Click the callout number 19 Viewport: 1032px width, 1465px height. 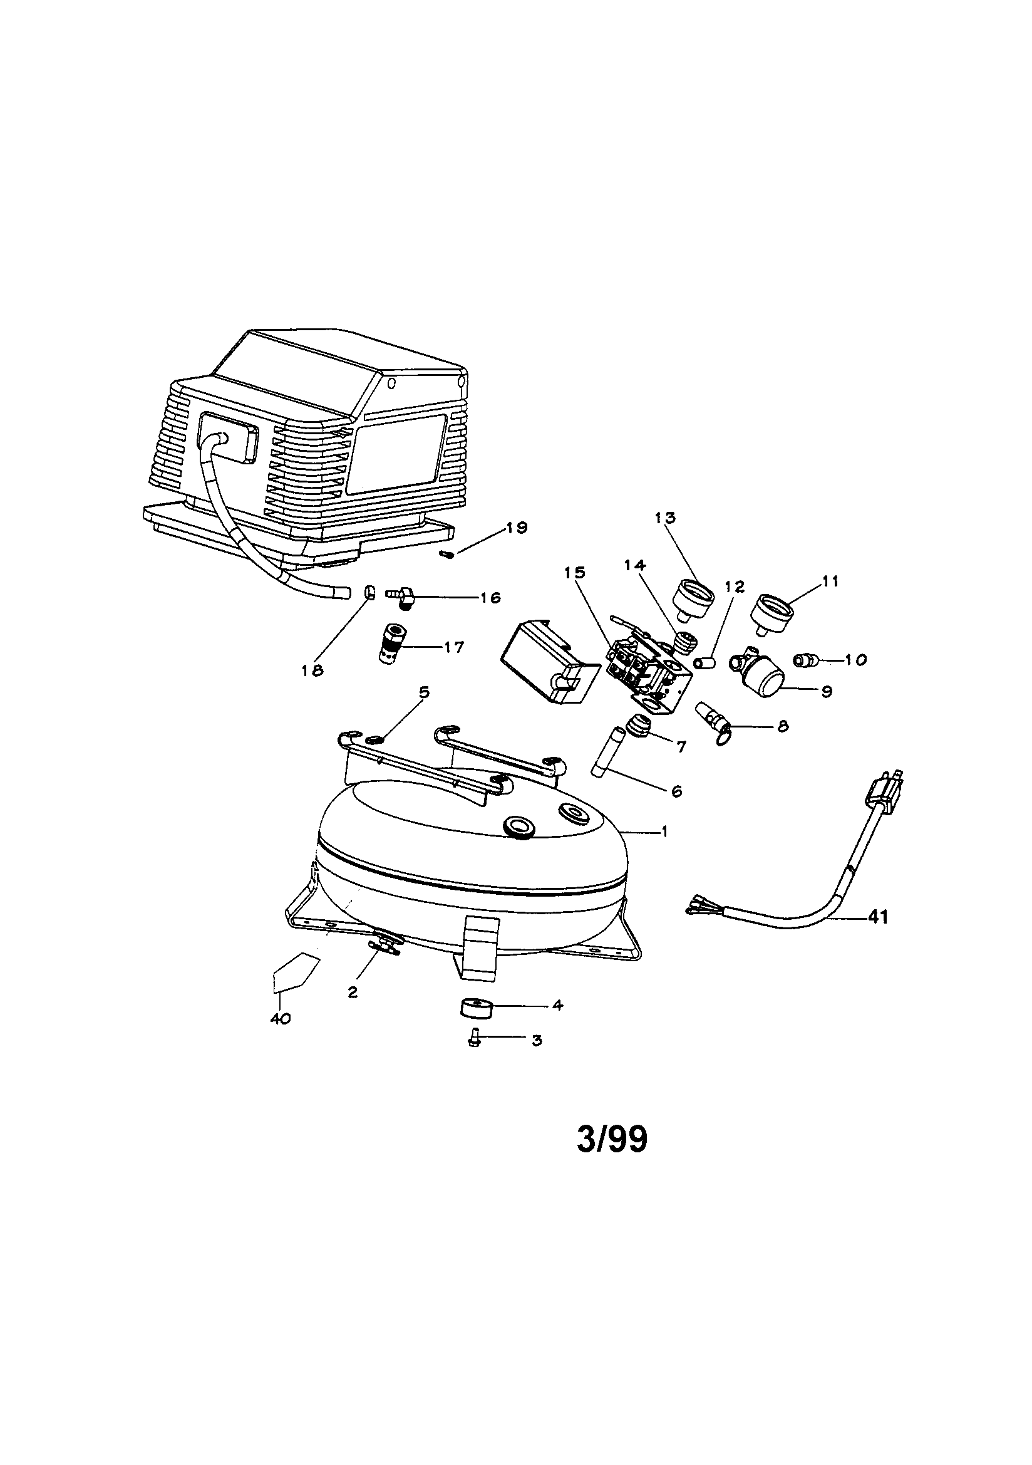pos(517,528)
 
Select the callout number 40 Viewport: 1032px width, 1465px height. pos(280,1019)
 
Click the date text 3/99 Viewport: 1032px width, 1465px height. pos(612,1140)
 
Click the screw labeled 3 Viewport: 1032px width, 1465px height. pos(473,1041)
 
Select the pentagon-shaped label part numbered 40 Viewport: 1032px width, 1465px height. pos(296,972)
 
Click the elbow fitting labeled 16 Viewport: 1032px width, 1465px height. pos(401,597)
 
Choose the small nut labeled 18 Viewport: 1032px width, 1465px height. pos(369,592)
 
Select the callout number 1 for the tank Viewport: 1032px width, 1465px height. pos(664,832)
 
